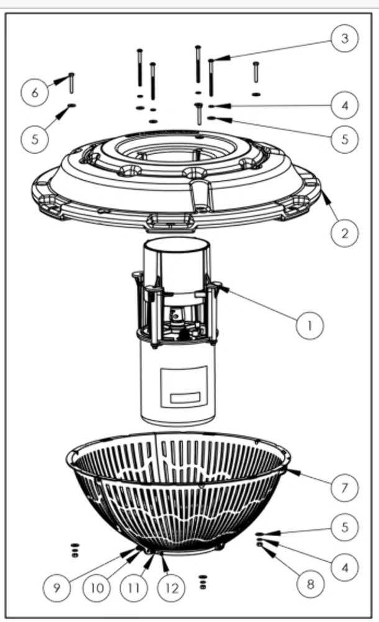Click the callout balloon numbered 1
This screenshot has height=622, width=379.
click(x=310, y=324)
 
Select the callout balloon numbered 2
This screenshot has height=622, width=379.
click(x=345, y=234)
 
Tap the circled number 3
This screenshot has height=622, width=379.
click(x=345, y=39)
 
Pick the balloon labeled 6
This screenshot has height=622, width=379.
click(x=35, y=92)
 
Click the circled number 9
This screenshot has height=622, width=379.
click(x=57, y=588)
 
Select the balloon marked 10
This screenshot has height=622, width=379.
click(x=97, y=588)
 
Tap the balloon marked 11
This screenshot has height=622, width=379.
click(x=134, y=588)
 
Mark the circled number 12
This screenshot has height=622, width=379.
click(x=171, y=588)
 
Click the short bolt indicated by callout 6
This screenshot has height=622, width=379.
click(x=71, y=82)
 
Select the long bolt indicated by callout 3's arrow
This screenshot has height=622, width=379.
click(x=211, y=78)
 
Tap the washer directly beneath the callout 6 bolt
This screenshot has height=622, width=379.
click(x=72, y=106)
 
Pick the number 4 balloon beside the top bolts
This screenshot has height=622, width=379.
click(x=345, y=106)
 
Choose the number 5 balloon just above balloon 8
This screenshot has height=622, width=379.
click(x=345, y=528)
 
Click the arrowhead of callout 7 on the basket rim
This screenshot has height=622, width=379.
click(x=287, y=472)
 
